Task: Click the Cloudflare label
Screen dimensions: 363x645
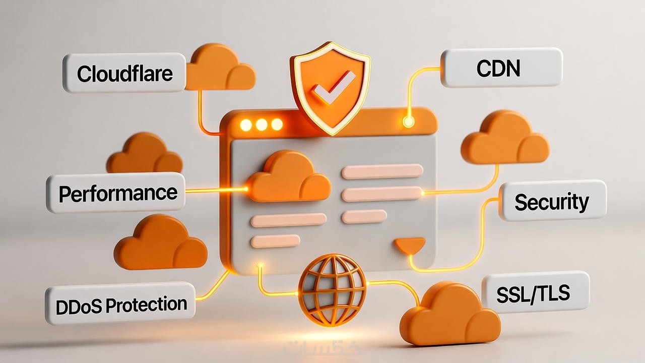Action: [124, 73]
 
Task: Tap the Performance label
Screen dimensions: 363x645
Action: [116, 193]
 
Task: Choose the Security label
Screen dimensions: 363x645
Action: [552, 201]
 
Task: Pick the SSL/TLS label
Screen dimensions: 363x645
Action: [535, 293]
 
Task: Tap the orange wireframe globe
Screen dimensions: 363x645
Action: [333, 290]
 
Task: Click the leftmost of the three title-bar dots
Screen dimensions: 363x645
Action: [245, 125]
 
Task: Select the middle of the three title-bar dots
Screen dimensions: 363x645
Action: [261, 125]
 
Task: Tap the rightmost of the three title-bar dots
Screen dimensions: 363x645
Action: [277, 125]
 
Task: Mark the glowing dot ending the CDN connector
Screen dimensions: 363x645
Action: [408, 121]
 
